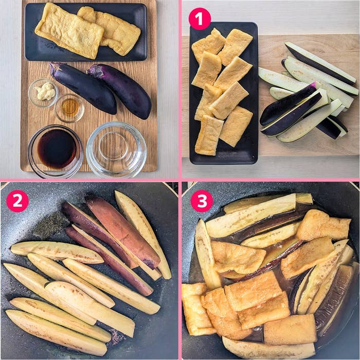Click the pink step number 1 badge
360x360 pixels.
pos(200,19)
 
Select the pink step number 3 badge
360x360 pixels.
pos(202,201)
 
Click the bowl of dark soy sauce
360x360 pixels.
pos(56,151)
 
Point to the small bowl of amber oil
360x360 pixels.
pos(70,107)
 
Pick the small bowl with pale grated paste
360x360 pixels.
pos(43,93)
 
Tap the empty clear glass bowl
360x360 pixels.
pos(116,150)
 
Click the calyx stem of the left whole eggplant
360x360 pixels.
pos(55,68)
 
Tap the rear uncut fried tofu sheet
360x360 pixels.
pos(113,30)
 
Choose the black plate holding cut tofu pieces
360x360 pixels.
pos(224,93)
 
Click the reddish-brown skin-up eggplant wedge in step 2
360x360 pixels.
pos(122,231)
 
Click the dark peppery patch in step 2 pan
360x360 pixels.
pos(51,225)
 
